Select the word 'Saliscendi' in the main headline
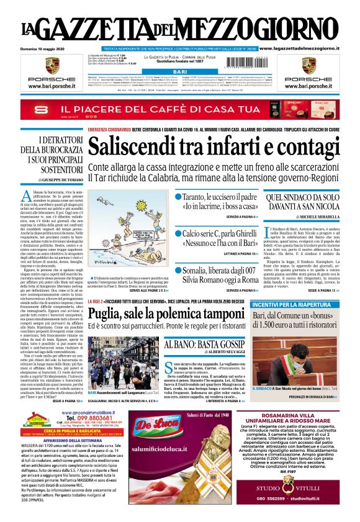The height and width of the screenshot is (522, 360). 133,148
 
